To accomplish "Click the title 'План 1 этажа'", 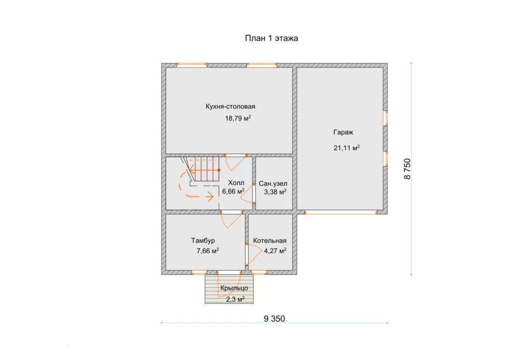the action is coord(271,38).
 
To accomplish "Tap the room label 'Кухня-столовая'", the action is coord(230,106).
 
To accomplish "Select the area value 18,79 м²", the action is coord(238,118).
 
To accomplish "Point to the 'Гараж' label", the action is coord(343,132).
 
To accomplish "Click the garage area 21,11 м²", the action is coord(346,148).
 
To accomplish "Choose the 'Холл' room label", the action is coord(236,183).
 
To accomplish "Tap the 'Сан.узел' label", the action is coord(273,184).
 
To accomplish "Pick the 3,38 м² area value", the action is coord(275,192).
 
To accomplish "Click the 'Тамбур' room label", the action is coord(203,241).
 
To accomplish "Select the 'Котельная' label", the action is coord(270,241).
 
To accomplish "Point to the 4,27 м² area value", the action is coord(275,251).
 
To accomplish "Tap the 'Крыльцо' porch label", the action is coord(234,288).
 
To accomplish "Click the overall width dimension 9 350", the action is coord(274,319).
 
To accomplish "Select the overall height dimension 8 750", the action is coord(407,169).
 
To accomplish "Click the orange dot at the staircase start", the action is coord(219,170).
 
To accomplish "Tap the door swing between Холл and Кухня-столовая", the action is coord(236,163).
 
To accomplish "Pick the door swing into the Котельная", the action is coord(255,254).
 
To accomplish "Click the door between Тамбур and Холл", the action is coord(231,220).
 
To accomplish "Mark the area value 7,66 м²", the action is coord(207,251).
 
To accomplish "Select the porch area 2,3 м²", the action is coord(235,299).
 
